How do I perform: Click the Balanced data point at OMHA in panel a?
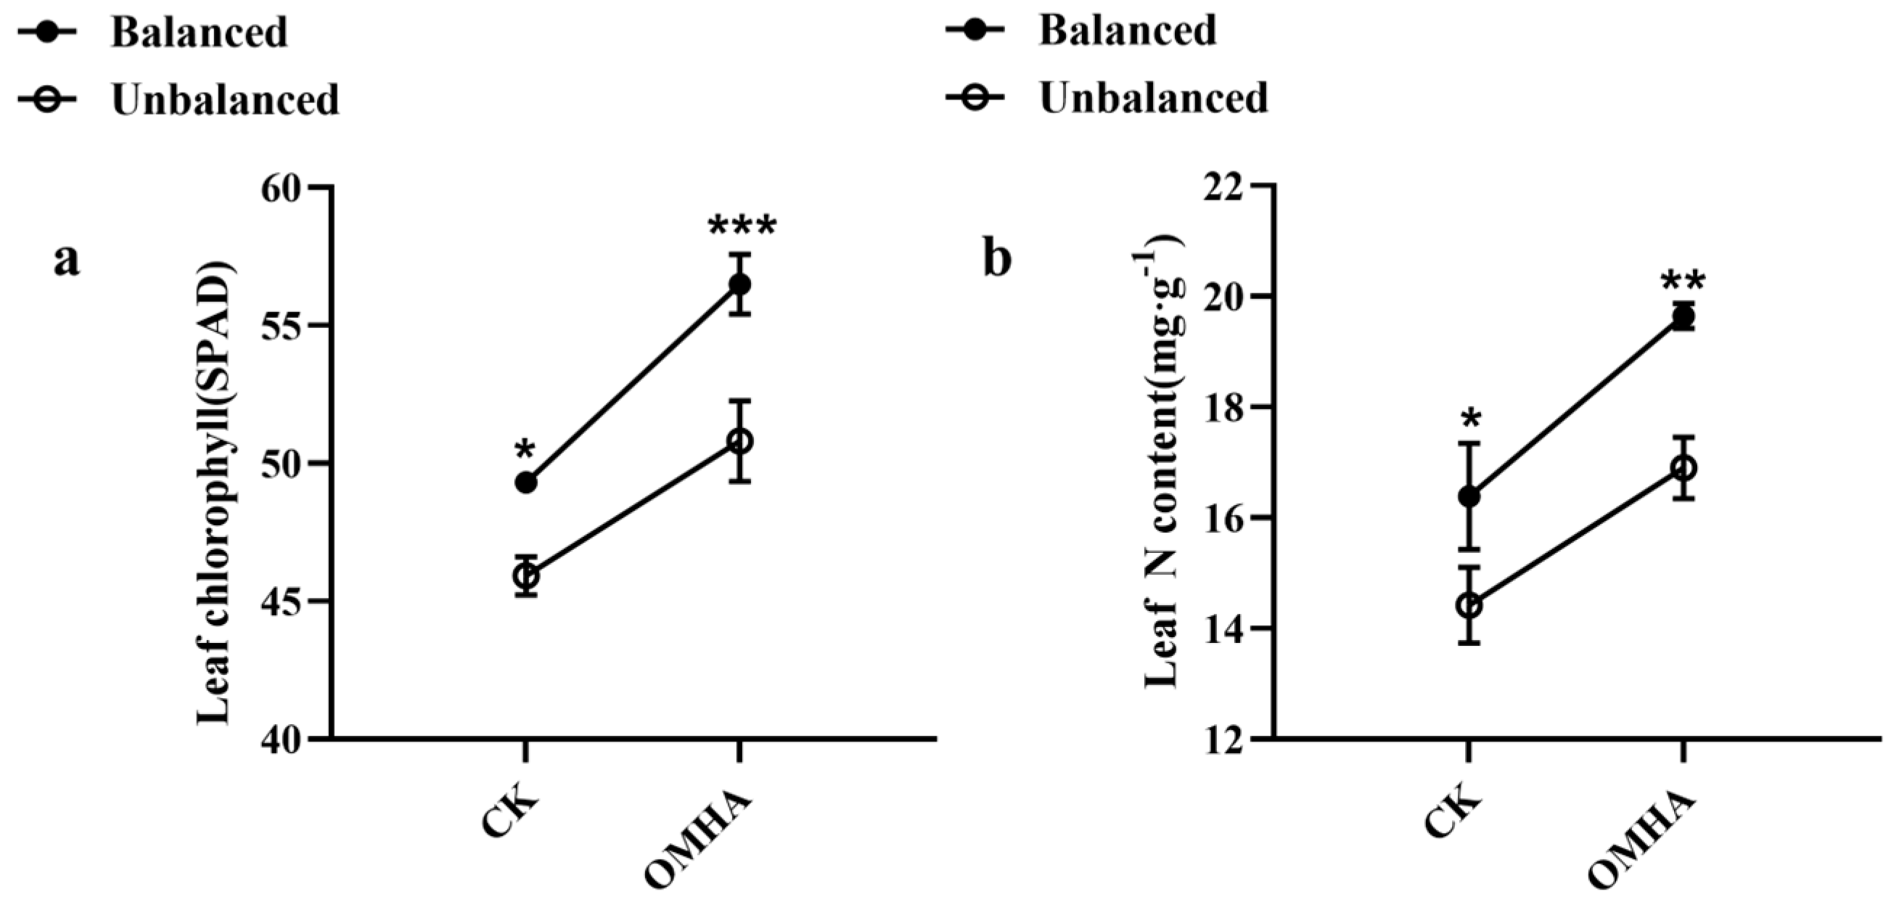tap(739, 284)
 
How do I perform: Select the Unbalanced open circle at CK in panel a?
tap(525, 575)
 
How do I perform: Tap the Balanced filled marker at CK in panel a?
tap(525, 483)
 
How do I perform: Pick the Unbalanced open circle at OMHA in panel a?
tap(739, 441)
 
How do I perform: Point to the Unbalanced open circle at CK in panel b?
tap(1469, 606)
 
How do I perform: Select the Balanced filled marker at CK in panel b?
tap(1469, 496)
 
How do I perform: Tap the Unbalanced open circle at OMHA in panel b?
tap(1683, 468)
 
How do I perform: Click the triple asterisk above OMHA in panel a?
tap(742, 228)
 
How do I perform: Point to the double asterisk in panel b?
tap(1683, 283)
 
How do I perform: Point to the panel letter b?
tap(997, 260)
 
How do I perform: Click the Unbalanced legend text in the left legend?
tap(225, 99)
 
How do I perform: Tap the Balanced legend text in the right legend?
tap(1127, 31)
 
